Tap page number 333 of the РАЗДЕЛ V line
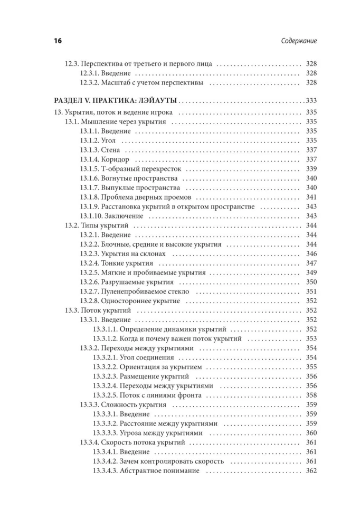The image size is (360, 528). click(311, 101)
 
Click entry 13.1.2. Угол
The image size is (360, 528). click(98, 140)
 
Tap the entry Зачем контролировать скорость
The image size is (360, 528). click(159, 461)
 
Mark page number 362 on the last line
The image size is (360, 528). click(311, 470)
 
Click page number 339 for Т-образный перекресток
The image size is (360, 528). click(311, 169)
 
